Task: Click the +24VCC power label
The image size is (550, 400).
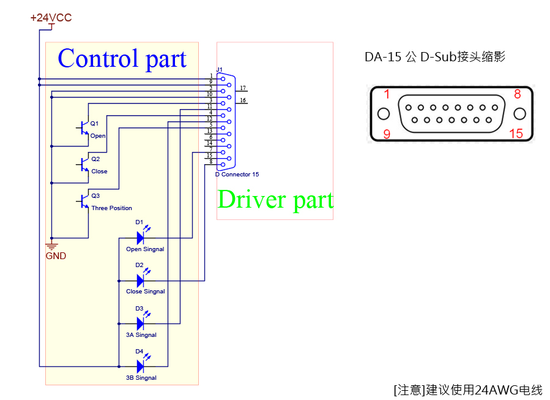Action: click(51, 18)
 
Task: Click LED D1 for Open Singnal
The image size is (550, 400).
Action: click(140, 238)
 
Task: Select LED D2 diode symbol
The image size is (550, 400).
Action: click(140, 281)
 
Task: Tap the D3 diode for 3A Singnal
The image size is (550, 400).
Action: click(140, 323)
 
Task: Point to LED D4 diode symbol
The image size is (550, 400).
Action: click(140, 366)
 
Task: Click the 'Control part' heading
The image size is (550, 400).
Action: click(122, 59)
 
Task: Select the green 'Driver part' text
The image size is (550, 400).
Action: click(275, 200)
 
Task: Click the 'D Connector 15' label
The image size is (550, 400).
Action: click(237, 175)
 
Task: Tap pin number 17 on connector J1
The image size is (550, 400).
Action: click(243, 88)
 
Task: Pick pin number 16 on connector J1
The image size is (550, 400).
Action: click(243, 100)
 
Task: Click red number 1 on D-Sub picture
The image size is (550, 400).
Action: click(387, 94)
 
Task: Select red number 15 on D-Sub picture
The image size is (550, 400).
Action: click(516, 133)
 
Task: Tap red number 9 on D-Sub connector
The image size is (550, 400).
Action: click(387, 133)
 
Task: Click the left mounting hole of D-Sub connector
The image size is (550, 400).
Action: click(384, 114)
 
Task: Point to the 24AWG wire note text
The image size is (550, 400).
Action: click(468, 390)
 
